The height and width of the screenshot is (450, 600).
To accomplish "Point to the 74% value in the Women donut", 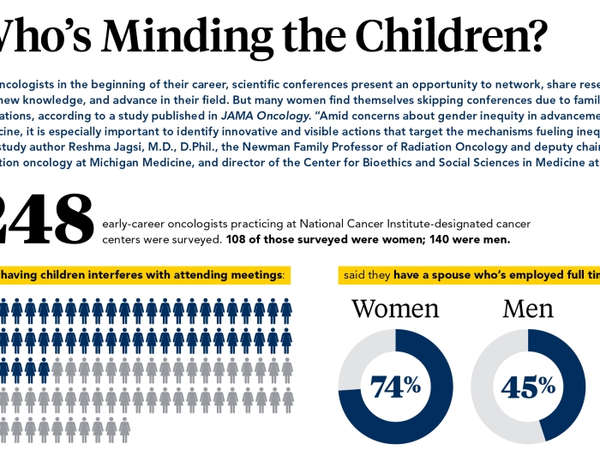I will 395,386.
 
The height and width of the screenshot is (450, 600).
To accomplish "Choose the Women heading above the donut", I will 395,309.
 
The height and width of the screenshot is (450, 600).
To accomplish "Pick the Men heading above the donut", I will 528,309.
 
